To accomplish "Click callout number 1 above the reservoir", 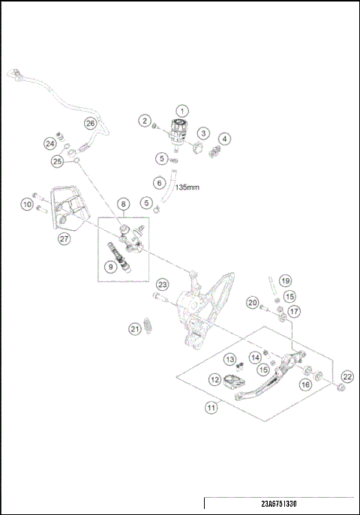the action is click(182, 111).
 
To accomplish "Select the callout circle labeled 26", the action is click(90, 124).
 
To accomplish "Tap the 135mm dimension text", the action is click(187, 187).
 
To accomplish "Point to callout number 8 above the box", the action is click(123, 204).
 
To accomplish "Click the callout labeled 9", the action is click(111, 267).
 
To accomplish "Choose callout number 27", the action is click(64, 238).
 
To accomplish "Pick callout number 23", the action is click(162, 284).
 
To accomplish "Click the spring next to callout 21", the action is click(148, 325).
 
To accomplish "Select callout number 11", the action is click(211, 408).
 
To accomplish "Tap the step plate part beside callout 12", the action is click(233, 381).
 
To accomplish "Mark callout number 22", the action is click(347, 376).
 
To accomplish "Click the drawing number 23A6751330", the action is click(279, 504).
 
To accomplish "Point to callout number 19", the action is click(286, 281).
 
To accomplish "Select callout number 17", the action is click(294, 310).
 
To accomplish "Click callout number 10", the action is click(27, 205).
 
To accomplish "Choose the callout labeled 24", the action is click(50, 143).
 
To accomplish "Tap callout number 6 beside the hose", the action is click(160, 183).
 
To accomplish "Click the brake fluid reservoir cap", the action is click(180, 124).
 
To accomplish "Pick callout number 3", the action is click(203, 133).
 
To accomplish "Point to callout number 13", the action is click(230, 359).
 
